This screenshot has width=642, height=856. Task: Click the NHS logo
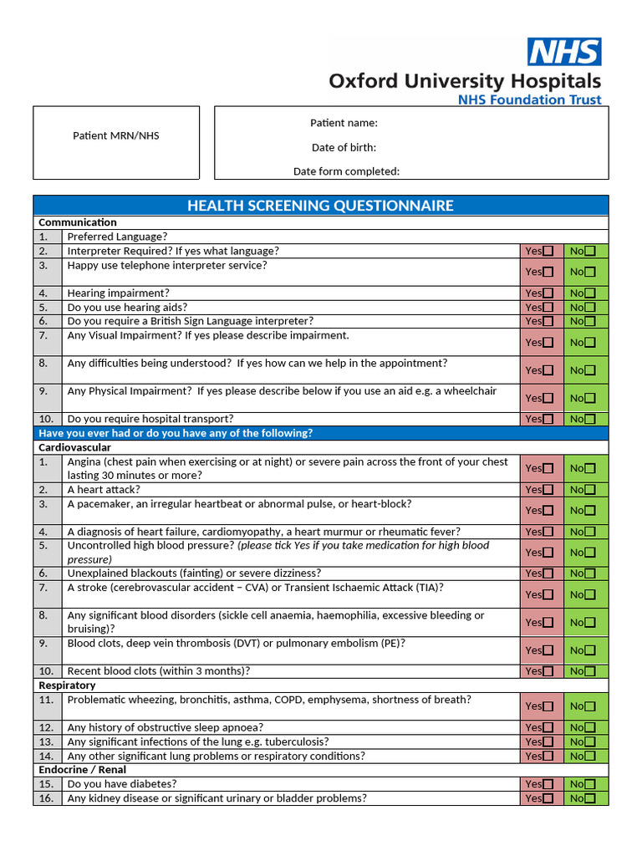563,52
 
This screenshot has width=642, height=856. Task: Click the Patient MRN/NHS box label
115,135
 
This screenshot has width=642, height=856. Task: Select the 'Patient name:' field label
344,123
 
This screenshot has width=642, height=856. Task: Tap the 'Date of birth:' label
344,147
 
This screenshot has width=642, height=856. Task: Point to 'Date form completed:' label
346,171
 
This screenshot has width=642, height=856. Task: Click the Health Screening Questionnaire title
320,206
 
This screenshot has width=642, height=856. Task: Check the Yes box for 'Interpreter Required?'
548,251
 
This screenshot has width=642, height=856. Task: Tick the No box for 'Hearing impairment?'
590,293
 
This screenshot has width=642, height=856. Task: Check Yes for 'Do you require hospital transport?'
548,419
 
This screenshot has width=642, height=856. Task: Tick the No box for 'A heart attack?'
590,490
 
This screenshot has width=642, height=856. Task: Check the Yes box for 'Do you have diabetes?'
548,784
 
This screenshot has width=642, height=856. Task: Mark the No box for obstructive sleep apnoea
590,728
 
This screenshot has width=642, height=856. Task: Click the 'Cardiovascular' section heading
74,447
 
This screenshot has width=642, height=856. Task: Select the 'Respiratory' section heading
67,685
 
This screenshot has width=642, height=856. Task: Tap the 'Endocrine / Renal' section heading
83,770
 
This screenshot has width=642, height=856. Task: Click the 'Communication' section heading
78,222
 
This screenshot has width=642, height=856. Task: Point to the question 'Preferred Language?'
117,237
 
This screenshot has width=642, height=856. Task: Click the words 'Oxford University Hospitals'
464,81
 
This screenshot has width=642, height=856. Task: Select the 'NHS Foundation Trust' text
529,100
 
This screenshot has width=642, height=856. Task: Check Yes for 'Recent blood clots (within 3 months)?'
548,671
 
